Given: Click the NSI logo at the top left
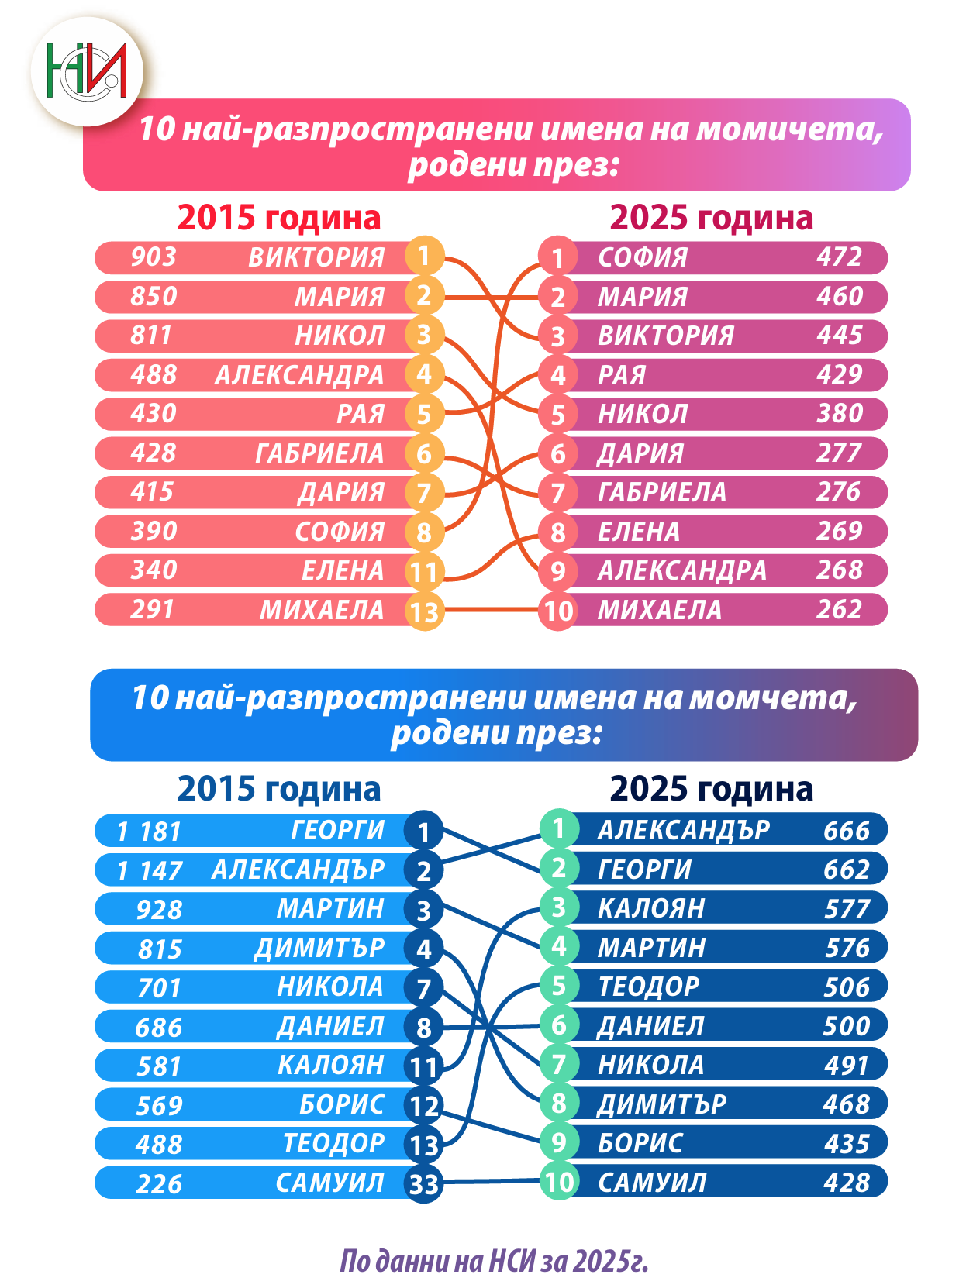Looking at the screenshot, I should click(x=87, y=71).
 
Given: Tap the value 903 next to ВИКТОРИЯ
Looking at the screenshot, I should click(x=154, y=257).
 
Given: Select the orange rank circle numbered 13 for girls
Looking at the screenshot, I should click(x=424, y=611).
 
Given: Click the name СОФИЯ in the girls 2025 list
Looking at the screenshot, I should click(x=643, y=257).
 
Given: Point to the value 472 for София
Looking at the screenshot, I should click(x=839, y=257).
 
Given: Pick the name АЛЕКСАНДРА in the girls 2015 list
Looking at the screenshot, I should click(x=299, y=375).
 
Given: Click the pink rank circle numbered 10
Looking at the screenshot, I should click(x=558, y=611).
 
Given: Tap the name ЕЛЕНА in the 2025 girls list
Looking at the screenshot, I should click(x=639, y=532).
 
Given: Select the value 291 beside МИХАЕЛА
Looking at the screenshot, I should click(x=152, y=609).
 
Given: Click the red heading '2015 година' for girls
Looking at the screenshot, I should click(x=279, y=218).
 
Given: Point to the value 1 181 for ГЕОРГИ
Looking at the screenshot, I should click(x=148, y=832).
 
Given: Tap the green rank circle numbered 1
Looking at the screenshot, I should click(x=558, y=828).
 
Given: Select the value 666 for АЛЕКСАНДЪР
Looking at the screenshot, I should click(x=847, y=831).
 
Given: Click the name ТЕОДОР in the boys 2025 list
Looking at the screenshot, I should click(x=649, y=987).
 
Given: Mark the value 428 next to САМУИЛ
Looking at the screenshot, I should click(x=847, y=1183).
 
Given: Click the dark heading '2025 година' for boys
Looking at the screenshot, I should click(x=712, y=789).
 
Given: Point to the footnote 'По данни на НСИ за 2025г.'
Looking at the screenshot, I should click(x=494, y=1262).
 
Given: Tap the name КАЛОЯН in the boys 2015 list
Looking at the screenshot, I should click(x=331, y=1065).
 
